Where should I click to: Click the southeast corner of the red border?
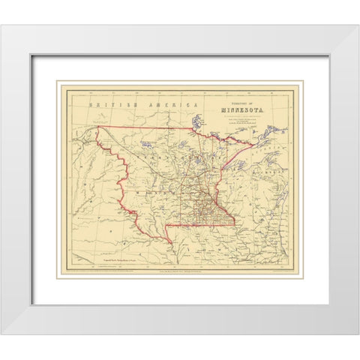235,223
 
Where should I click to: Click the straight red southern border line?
202,223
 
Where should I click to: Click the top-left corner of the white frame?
2,26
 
